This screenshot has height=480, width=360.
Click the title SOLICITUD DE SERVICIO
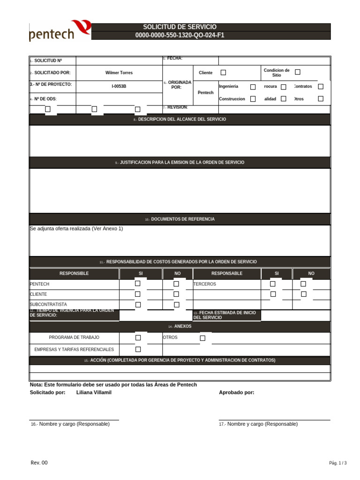pyautogui.click(x=180, y=27)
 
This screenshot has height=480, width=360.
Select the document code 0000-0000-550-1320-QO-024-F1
pyautogui.click(x=180, y=35)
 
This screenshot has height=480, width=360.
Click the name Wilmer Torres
pyautogui.click(x=119, y=73)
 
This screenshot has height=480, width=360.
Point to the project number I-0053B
pyautogui.click(x=119, y=86)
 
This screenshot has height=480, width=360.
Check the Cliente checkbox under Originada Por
pyautogui.click(x=223, y=72)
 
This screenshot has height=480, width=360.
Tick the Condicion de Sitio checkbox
pyautogui.click(x=298, y=72)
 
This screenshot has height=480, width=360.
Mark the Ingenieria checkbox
pyautogui.click(x=253, y=87)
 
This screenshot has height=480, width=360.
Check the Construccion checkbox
pyautogui.click(x=253, y=99)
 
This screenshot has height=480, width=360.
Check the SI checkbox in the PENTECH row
pyautogui.click(x=138, y=284)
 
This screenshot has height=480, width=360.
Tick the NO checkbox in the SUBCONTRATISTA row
pyautogui.click(x=177, y=305)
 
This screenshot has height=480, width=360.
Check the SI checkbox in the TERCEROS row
pyautogui.click(x=272, y=284)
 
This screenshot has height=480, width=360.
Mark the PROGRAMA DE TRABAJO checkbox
pyautogui.click(x=138, y=337)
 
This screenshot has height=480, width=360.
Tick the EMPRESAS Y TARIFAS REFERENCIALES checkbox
pyautogui.click(x=138, y=349)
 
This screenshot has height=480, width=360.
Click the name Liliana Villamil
pyautogui.click(x=94, y=392)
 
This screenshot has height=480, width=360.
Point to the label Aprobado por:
pyautogui.click(x=237, y=392)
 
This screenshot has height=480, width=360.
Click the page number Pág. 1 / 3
pyautogui.click(x=337, y=463)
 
